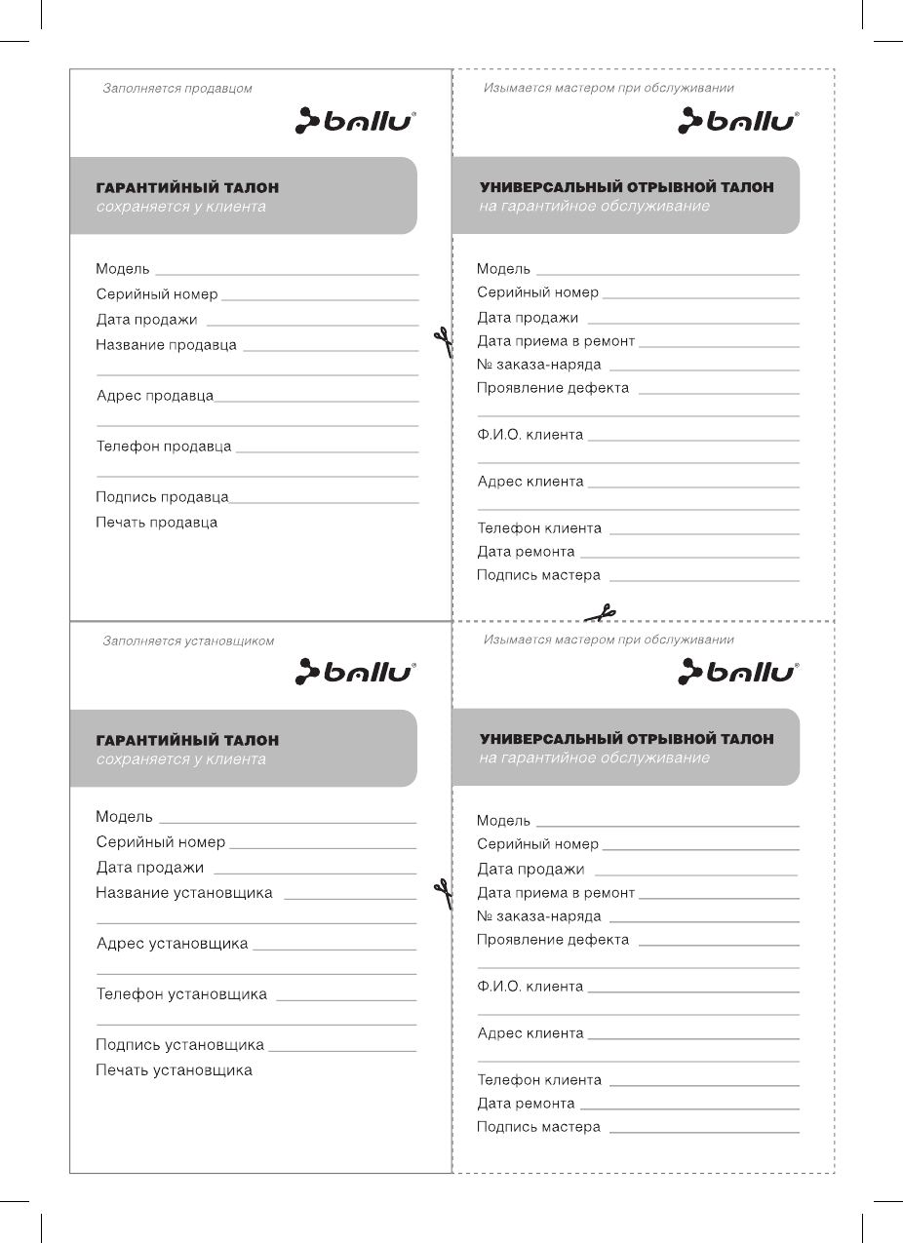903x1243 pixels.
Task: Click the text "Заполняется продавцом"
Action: click(177, 89)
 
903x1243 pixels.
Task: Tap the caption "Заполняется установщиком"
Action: click(188, 641)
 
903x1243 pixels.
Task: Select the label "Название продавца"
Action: click(166, 345)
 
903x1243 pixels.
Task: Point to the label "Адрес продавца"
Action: click(155, 396)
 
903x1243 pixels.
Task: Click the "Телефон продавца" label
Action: click(164, 447)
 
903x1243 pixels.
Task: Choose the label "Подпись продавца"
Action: click(162, 497)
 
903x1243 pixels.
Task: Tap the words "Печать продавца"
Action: click(156, 523)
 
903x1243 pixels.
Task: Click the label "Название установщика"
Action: click(184, 893)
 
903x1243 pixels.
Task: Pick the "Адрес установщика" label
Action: click(173, 944)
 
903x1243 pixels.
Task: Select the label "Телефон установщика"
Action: click(181, 994)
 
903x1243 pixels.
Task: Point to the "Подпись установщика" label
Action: click(179, 1045)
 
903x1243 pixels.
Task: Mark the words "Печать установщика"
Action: click(174, 1070)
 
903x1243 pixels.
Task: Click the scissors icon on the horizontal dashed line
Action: click(601, 613)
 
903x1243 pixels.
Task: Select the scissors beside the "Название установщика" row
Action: click(443, 893)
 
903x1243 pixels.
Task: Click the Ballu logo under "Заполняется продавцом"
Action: click(356, 121)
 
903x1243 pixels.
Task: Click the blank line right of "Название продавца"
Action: click(330, 350)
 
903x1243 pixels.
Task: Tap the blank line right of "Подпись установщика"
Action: click(342, 1050)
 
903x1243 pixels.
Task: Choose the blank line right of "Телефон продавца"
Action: click(328, 451)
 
